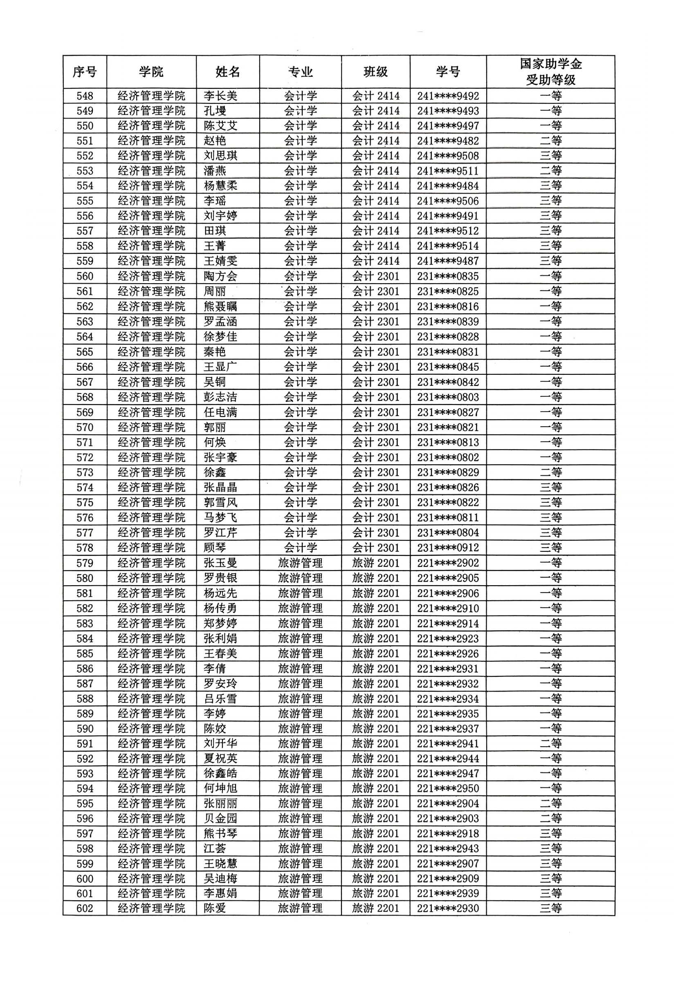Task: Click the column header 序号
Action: (x=84, y=72)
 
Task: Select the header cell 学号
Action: (x=448, y=72)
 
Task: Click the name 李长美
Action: (x=220, y=96)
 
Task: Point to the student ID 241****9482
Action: (x=448, y=141)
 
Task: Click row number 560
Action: (x=85, y=276)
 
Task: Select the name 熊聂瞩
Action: (x=220, y=307)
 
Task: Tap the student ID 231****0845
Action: (x=448, y=367)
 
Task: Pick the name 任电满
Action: (x=220, y=412)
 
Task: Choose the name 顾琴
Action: (x=214, y=548)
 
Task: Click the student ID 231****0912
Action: (x=448, y=548)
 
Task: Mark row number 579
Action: (x=85, y=563)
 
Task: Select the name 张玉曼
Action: (x=220, y=563)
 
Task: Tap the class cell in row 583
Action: (x=375, y=623)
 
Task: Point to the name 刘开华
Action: (x=220, y=743)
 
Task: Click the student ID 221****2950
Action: (x=448, y=788)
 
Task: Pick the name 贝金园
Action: (x=220, y=819)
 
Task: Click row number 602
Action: (x=85, y=908)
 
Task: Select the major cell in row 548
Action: (x=301, y=96)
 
